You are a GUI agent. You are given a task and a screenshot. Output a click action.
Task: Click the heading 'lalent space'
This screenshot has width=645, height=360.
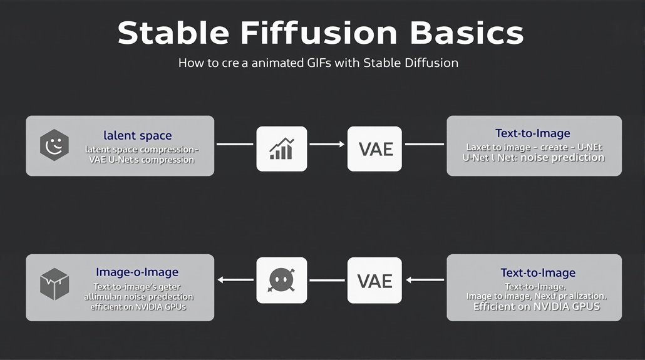[x=138, y=135]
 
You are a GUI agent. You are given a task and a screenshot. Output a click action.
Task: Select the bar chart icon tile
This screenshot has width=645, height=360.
[x=282, y=149]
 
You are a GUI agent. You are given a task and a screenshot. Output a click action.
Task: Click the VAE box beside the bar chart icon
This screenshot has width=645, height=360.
[x=373, y=149]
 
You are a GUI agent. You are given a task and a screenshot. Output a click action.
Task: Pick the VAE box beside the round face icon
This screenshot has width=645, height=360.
[x=373, y=280]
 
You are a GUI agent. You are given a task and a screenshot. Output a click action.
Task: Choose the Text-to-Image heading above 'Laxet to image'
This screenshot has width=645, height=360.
[x=532, y=133]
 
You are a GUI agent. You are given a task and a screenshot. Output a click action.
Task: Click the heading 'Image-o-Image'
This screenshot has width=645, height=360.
[x=137, y=272]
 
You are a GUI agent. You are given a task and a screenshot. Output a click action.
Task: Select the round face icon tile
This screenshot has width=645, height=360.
[x=282, y=280]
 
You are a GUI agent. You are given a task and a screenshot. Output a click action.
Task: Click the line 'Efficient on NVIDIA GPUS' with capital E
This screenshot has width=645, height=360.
[x=536, y=307]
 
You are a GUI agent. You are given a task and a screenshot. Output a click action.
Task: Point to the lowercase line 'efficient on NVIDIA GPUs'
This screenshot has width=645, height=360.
[x=139, y=307]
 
